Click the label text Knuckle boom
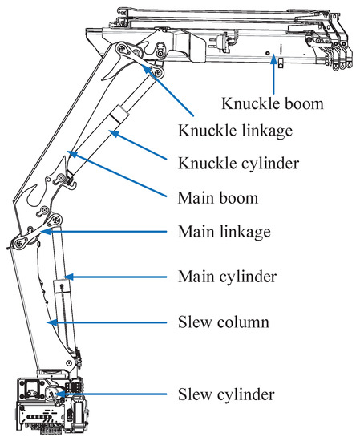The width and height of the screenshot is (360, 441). click(273, 103)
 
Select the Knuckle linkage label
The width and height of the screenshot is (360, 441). click(236, 131)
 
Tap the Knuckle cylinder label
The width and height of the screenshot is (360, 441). click(238, 164)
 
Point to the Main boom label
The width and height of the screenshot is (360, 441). click(218, 198)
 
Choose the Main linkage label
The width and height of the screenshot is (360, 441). click(224, 232)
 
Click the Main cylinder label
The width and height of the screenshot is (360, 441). click(227, 277)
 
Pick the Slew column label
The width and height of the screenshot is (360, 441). click(224, 322)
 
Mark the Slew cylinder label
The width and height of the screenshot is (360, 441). click(226, 394)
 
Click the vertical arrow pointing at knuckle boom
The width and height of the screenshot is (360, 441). click(273, 74)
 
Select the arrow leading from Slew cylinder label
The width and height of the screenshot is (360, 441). click(111, 394)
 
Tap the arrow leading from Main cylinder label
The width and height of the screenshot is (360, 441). click(115, 277)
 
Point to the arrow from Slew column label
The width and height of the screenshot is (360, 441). click(107, 322)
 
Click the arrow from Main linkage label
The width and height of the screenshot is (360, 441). click(104, 232)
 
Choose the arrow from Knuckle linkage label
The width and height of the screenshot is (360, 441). click(168, 91)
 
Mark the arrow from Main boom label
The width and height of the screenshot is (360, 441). click(117, 174)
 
